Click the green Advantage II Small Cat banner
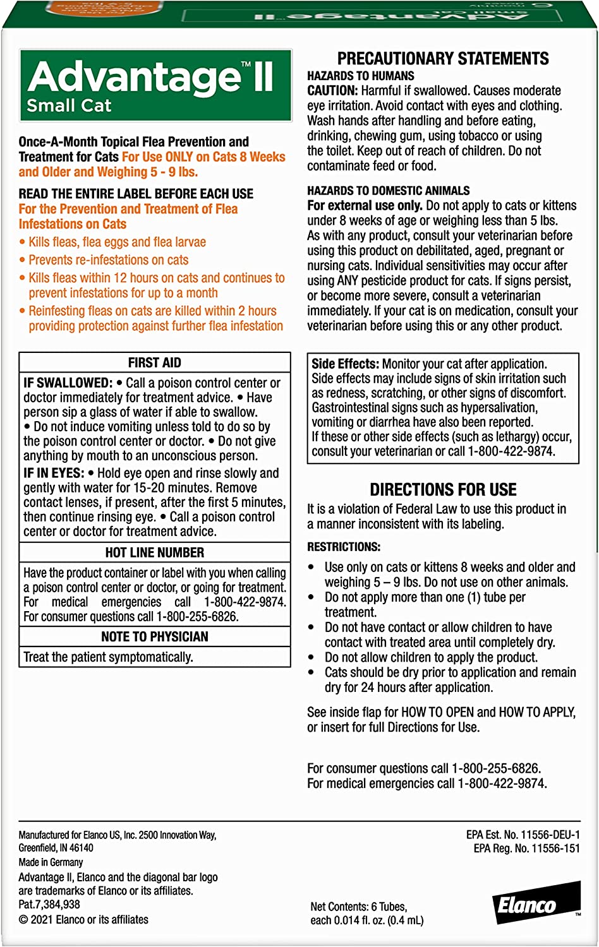tap(155, 85)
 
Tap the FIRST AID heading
tap(155, 362)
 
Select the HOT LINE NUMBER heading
tap(155, 552)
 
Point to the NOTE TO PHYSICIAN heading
tap(155, 636)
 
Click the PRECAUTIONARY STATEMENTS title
tap(443, 59)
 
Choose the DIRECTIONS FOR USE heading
tap(443, 490)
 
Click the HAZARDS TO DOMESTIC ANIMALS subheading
tap(388, 191)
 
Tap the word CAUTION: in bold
tap(332, 91)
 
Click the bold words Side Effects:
tap(345, 364)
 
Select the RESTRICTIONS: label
tap(344, 547)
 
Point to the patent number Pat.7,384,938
tap(49, 905)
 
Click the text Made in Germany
tap(51, 862)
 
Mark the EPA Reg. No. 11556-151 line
tap(526, 849)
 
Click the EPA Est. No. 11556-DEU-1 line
tap(523, 835)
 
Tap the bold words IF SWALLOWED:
tap(68, 383)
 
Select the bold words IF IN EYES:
tap(54, 473)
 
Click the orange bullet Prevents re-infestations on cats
tap(108, 260)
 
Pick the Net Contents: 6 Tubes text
tap(358, 907)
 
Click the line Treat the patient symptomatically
tap(108, 657)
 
